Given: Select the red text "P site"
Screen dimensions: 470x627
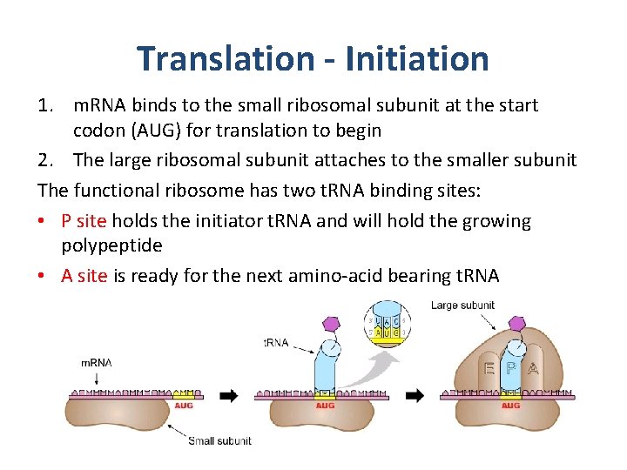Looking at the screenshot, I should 84,221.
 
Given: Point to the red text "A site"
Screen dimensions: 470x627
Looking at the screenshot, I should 84,276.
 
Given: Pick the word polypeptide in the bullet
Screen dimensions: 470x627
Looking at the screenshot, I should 111,245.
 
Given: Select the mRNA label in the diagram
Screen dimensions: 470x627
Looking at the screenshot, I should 96,362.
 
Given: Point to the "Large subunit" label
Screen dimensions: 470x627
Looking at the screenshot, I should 462,305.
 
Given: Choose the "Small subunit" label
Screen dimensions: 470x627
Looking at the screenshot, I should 219,441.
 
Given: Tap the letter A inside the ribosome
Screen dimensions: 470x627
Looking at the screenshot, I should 533,369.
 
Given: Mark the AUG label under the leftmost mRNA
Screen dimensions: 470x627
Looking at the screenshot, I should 184,406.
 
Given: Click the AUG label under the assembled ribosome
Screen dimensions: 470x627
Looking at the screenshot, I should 511,406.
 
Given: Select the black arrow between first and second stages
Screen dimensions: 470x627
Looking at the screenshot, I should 229,395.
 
